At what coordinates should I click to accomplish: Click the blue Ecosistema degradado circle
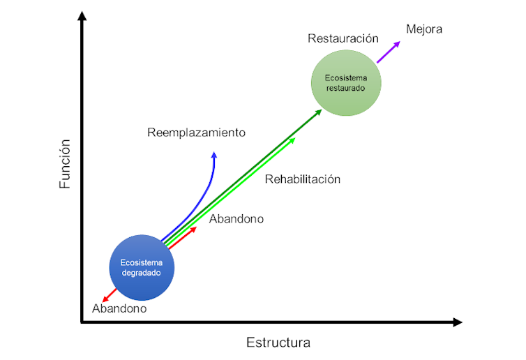point(141,266)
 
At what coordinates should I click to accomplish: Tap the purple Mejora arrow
point(389,52)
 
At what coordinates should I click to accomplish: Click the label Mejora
point(424,29)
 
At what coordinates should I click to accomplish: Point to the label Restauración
point(343,38)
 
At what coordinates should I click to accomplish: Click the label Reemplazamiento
point(196,132)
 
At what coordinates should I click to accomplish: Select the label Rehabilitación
point(302,179)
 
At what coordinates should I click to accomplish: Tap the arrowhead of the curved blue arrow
point(215,156)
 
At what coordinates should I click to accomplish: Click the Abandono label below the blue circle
point(119,308)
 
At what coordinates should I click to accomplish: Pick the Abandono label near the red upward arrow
point(236,218)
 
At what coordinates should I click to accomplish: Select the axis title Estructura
point(278,343)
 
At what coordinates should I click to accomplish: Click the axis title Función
point(65,164)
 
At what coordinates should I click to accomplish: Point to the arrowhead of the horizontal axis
point(457,322)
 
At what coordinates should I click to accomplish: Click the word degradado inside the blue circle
point(141,273)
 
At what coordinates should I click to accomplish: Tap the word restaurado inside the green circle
point(347,89)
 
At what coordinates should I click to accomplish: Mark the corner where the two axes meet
point(82,322)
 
